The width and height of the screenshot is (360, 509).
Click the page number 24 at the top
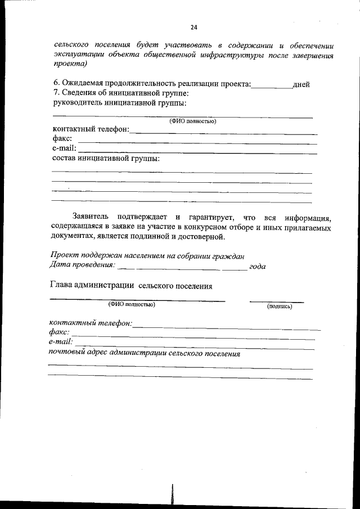tap(193, 27)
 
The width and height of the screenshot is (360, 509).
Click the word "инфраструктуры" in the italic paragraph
tap(254, 55)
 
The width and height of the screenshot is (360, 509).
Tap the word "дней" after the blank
tap(301, 84)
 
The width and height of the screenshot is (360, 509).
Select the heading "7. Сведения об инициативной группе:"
tap(120, 93)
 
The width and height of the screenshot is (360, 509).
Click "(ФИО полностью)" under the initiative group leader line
tap(193, 121)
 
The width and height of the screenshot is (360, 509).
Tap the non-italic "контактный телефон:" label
tap(91, 130)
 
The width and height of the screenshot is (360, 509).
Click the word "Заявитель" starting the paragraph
tap(92, 217)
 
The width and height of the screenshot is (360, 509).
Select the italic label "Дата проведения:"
tap(83, 264)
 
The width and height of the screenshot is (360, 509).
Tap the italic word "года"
tap(257, 266)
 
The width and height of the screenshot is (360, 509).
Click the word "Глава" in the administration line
tap(62, 286)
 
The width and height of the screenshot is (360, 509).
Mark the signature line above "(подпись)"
tap(276, 301)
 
